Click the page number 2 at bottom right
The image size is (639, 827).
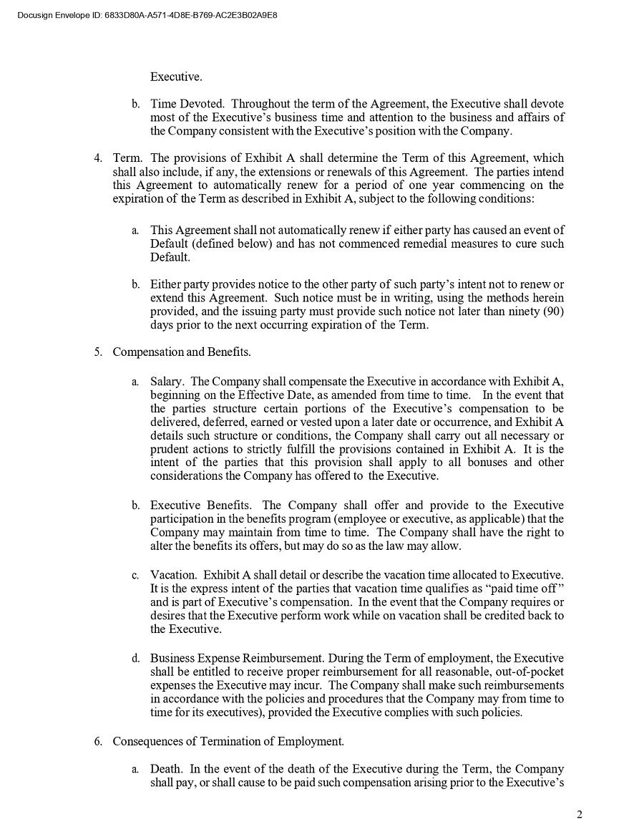[580, 814]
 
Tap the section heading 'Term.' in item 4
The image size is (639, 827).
[128, 158]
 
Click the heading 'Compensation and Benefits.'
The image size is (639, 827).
[182, 352]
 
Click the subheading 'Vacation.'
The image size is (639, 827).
[173, 575]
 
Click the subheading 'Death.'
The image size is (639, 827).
[167, 770]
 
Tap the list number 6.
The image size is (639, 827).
[98, 741]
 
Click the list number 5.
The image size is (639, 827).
[98, 352]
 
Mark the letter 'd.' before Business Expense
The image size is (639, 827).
[135, 658]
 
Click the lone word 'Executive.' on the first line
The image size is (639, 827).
[176, 77]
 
